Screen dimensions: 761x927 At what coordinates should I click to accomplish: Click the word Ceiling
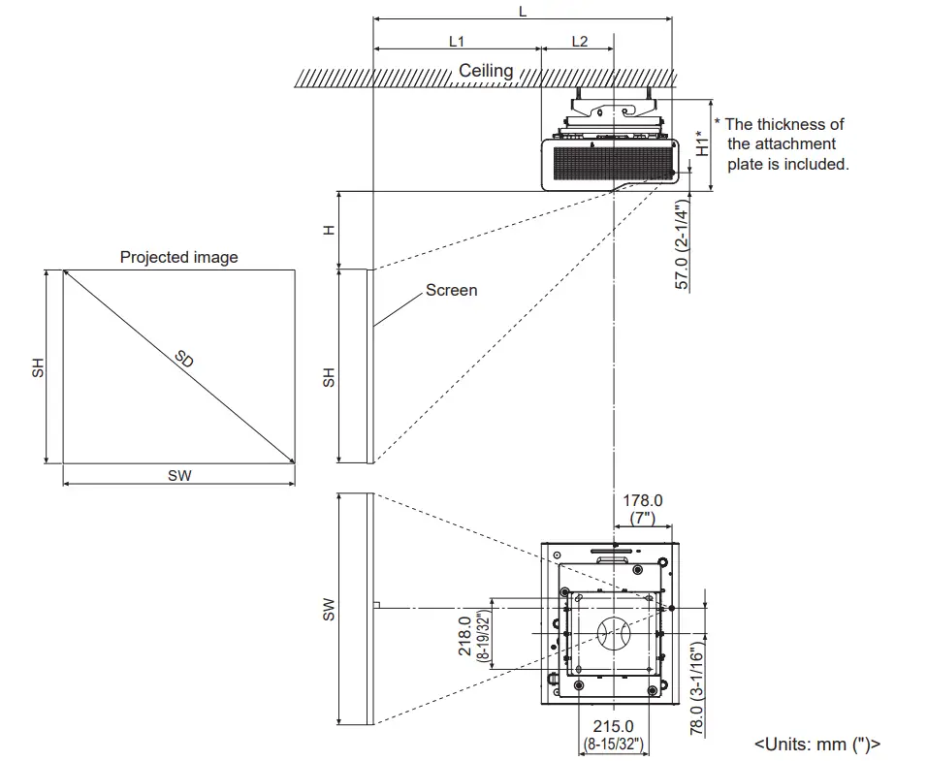(x=486, y=71)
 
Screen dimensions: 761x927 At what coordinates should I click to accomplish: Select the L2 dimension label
(x=579, y=42)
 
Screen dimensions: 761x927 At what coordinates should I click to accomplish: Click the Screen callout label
(x=451, y=290)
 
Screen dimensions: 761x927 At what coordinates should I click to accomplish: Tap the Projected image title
(x=178, y=257)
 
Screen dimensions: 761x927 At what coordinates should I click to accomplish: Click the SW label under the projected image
(x=179, y=475)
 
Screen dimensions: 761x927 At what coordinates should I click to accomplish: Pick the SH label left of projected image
(x=38, y=367)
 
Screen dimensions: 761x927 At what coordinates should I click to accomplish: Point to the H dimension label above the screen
(x=329, y=230)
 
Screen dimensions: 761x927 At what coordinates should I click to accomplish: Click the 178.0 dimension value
(x=643, y=500)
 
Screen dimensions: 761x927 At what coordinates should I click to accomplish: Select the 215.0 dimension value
(x=613, y=726)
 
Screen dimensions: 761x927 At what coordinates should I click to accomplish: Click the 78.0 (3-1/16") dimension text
(x=697, y=688)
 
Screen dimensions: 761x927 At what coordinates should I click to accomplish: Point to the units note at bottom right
(x=817, y=745)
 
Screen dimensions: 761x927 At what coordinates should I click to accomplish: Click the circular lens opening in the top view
(x=613, y=636)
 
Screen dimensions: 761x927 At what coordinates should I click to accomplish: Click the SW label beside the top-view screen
(x=329, y=609)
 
